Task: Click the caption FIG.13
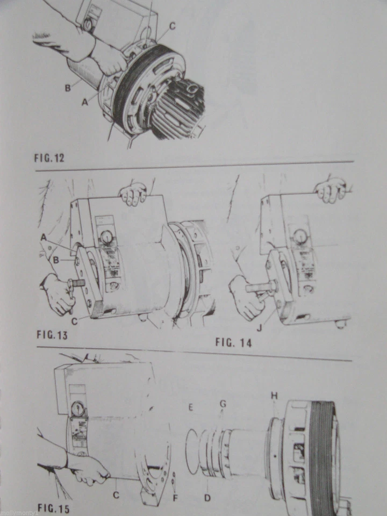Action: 55,338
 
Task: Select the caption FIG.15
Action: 53,507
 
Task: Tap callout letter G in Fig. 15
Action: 223,403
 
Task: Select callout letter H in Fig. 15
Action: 274,396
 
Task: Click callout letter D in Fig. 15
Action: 207,498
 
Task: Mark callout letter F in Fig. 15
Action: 175,498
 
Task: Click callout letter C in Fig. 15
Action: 116,494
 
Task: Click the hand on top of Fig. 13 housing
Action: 133,193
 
